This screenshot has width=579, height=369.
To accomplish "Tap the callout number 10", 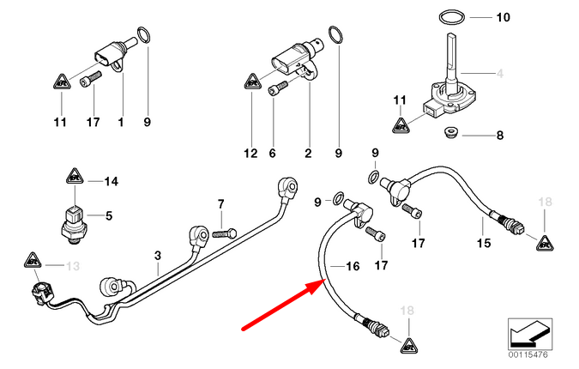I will (x=503, y=16).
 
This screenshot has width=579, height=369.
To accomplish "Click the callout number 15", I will (x=484, y=245).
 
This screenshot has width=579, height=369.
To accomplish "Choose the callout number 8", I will (x=501, y=135).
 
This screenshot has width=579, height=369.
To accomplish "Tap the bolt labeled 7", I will (x=226, y=232).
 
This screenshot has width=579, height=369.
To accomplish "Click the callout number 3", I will (x=158, y=255).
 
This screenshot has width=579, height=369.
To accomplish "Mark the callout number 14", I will (x=110, y=181).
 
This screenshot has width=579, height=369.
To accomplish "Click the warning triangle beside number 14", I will (x=74, y=181).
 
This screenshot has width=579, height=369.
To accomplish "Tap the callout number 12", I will (x=250, y=154).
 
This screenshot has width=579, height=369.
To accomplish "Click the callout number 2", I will (x=307, y=154).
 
